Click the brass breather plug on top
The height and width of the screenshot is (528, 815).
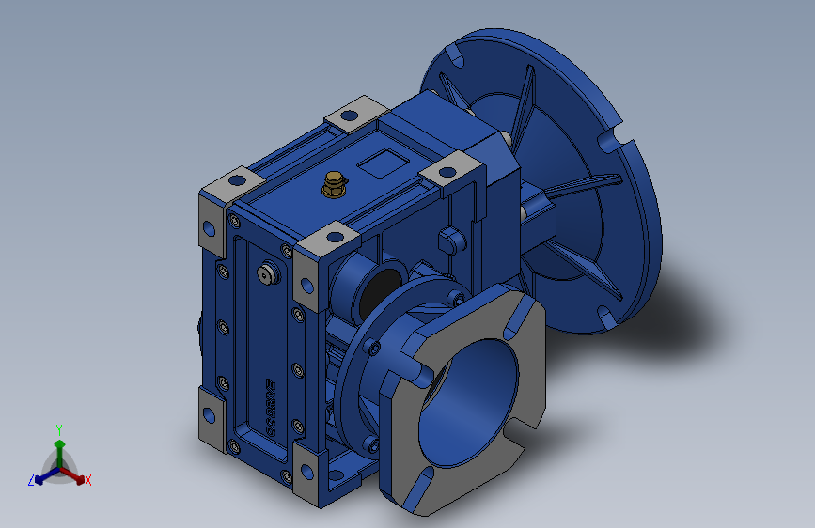pyautogui.click(x=333, y=185)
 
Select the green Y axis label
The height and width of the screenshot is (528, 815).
pyautogui.click(x=59, y=427)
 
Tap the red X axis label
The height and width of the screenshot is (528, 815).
pyautogui.click(x=88, y=480)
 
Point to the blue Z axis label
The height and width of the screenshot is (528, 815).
pyautogui.click(x=31, y=479)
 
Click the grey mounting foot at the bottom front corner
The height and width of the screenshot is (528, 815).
pyautogui.click(x=306, y=477)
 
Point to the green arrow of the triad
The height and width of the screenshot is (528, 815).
pyautogui.click(x=59, y=445)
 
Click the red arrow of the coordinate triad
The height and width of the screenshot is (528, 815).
pyautogui.click(x=77, y=475)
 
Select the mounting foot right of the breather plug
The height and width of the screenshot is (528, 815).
pyautogui.click(x=450, y=174)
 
